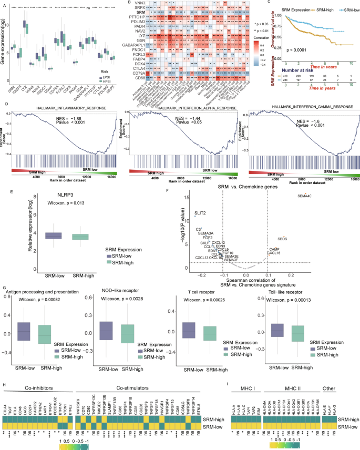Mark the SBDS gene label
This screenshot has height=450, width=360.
tap(282, 238)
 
